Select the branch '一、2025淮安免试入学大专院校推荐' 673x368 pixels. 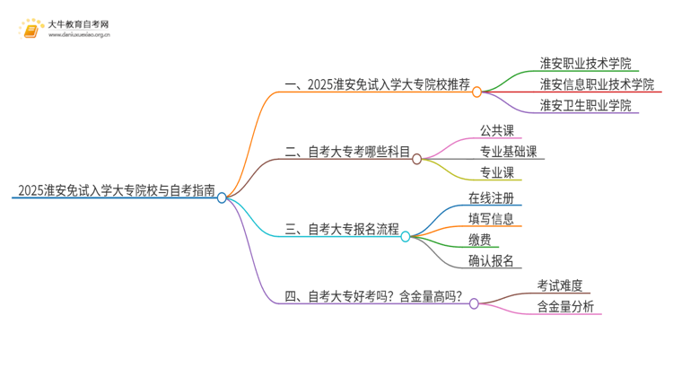click(377, 85)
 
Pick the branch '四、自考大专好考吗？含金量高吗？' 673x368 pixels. click(373, 297)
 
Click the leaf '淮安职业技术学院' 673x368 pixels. click(585, 64)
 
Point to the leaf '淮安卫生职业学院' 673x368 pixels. click(585, 105)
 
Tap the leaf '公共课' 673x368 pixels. click(497, 130)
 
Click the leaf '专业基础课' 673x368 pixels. click(509, 152)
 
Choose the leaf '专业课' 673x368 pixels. click(497, 172)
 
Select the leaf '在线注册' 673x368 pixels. click(491, 197)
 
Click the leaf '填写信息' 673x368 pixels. click(491, 218)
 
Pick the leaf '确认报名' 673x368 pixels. click(491, 260)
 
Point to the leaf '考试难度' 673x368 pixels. click(560, 285)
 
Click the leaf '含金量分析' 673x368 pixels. click(565, 307)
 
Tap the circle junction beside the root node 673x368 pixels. click(223, 197)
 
